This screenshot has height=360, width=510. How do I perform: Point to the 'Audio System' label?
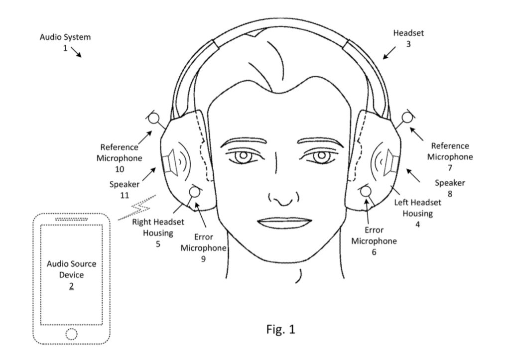click(x=65, y=37)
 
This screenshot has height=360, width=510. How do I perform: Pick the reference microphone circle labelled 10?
click(x=154, y=119)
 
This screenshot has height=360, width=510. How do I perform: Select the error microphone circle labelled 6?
click(x=366, y=191)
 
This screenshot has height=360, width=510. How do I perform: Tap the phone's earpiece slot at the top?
click(x=71, y=219)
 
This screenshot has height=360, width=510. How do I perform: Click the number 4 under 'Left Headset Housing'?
click(x=417, y=224)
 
